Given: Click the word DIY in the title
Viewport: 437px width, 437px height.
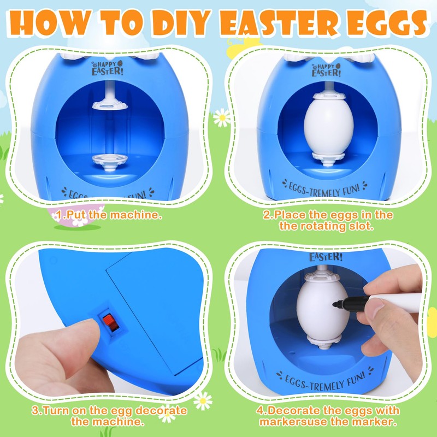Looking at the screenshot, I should point(185,22).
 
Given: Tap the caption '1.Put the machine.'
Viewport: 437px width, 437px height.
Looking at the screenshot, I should point(109,215).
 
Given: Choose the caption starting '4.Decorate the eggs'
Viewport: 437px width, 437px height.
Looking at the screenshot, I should point(328,416).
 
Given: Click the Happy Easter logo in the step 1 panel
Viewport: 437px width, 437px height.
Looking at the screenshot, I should point(104,69).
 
